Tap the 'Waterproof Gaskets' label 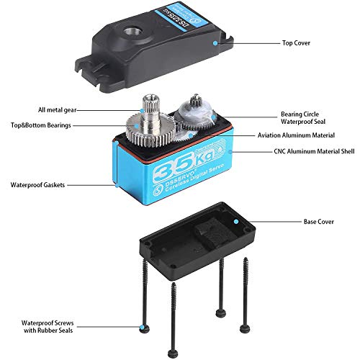[37, 184]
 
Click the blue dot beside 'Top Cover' [215, 42]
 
